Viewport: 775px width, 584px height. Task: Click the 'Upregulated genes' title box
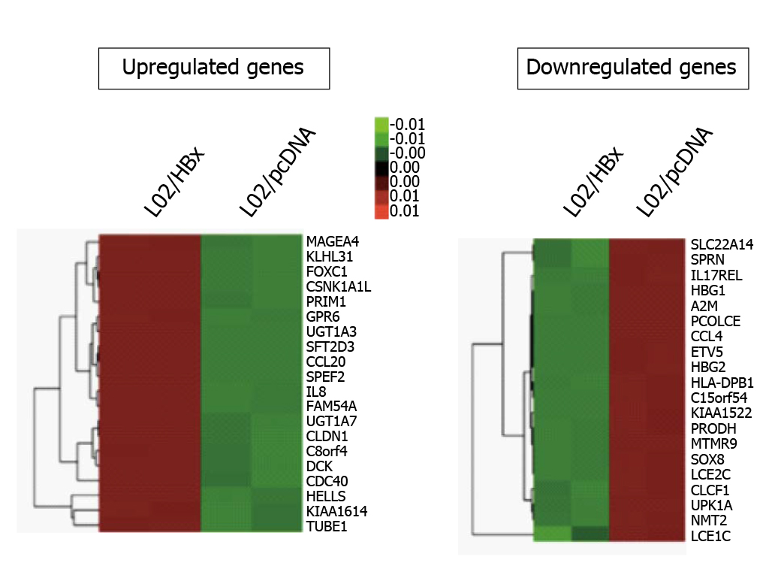[x=213, y=68]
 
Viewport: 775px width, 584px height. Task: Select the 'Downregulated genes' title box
[x=632, y=68]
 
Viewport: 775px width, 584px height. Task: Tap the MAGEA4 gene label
[x=333, y=242]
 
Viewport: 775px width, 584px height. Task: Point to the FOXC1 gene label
[x=327, y=271]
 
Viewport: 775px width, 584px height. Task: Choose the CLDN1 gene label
[x=327, y=436]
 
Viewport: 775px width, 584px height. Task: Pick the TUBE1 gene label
[x=326, y=526]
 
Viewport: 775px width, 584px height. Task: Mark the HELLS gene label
[x=326, y=496]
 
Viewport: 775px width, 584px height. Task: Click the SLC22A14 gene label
[x=722, y=244]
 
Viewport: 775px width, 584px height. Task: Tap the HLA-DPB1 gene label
[x=721, y=382]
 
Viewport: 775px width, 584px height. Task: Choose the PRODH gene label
[x=710, y=428]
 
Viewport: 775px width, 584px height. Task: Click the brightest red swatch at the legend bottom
[x=381, y=210]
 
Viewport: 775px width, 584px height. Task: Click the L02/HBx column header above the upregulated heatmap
[x=169, y=184]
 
